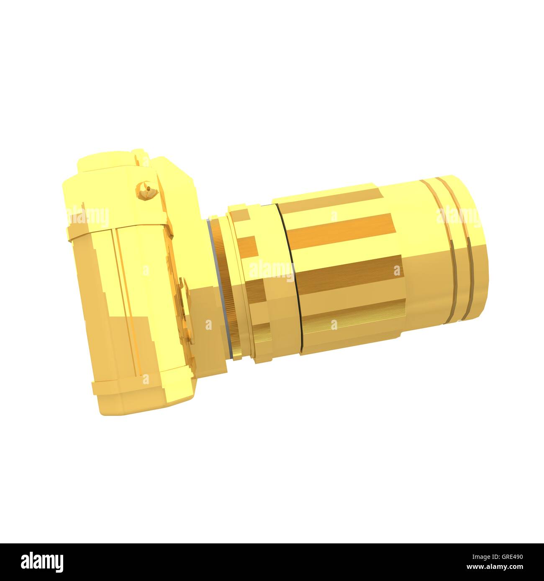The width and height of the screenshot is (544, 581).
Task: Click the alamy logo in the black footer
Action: [42, 562]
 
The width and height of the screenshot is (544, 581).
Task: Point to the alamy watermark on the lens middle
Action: [272, 271]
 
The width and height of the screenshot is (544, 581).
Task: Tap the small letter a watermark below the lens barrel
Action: [334, 325]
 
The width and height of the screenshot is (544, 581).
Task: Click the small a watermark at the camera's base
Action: [146, 379]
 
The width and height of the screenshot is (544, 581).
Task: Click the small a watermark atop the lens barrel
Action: [334, 216]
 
